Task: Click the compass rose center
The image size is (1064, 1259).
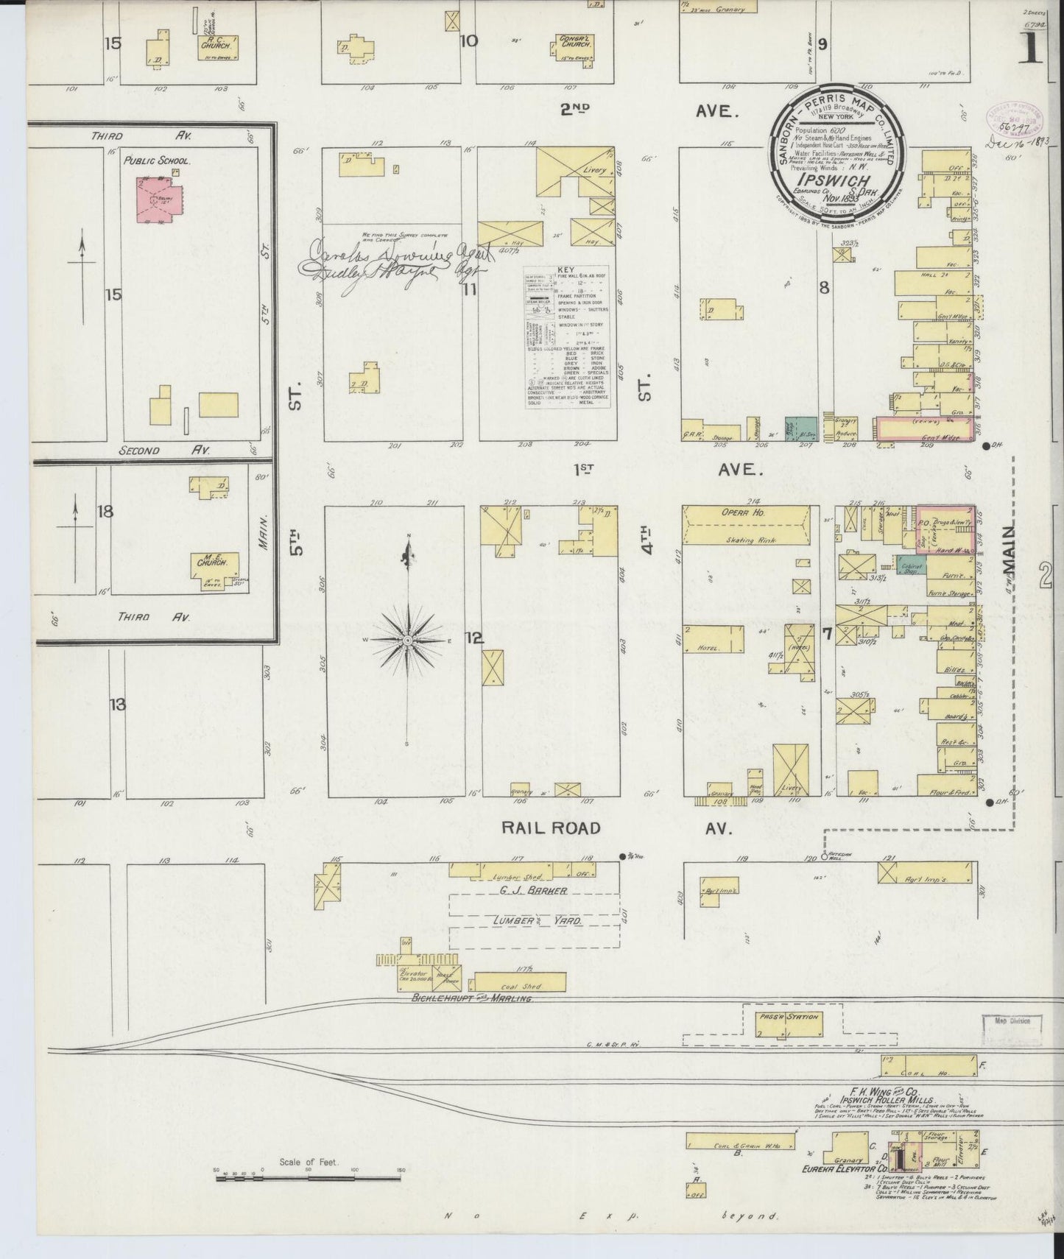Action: click(x=406, y=641)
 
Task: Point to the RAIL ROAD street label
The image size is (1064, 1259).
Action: click(x=551, y=828)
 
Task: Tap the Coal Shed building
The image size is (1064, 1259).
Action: click(x=520, y=982)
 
